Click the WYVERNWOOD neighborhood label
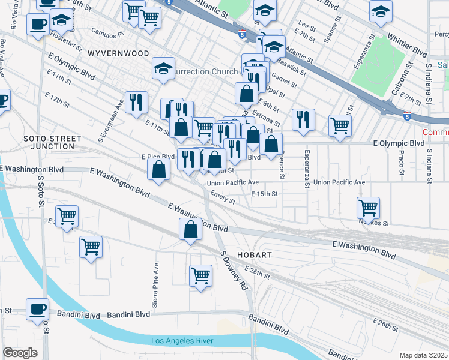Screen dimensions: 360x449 point(118,53)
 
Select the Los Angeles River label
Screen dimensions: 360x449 point(182,341)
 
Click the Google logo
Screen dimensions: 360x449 point(20,352)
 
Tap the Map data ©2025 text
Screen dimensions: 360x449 point(423,355)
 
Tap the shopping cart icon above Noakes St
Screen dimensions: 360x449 point(368,208)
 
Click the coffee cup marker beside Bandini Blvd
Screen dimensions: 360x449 point(37,309)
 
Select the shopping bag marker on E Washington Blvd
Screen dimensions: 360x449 point(190,229)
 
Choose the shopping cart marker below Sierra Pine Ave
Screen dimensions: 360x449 point(201,276)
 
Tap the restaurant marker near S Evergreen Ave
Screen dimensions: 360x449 point(136,102)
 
